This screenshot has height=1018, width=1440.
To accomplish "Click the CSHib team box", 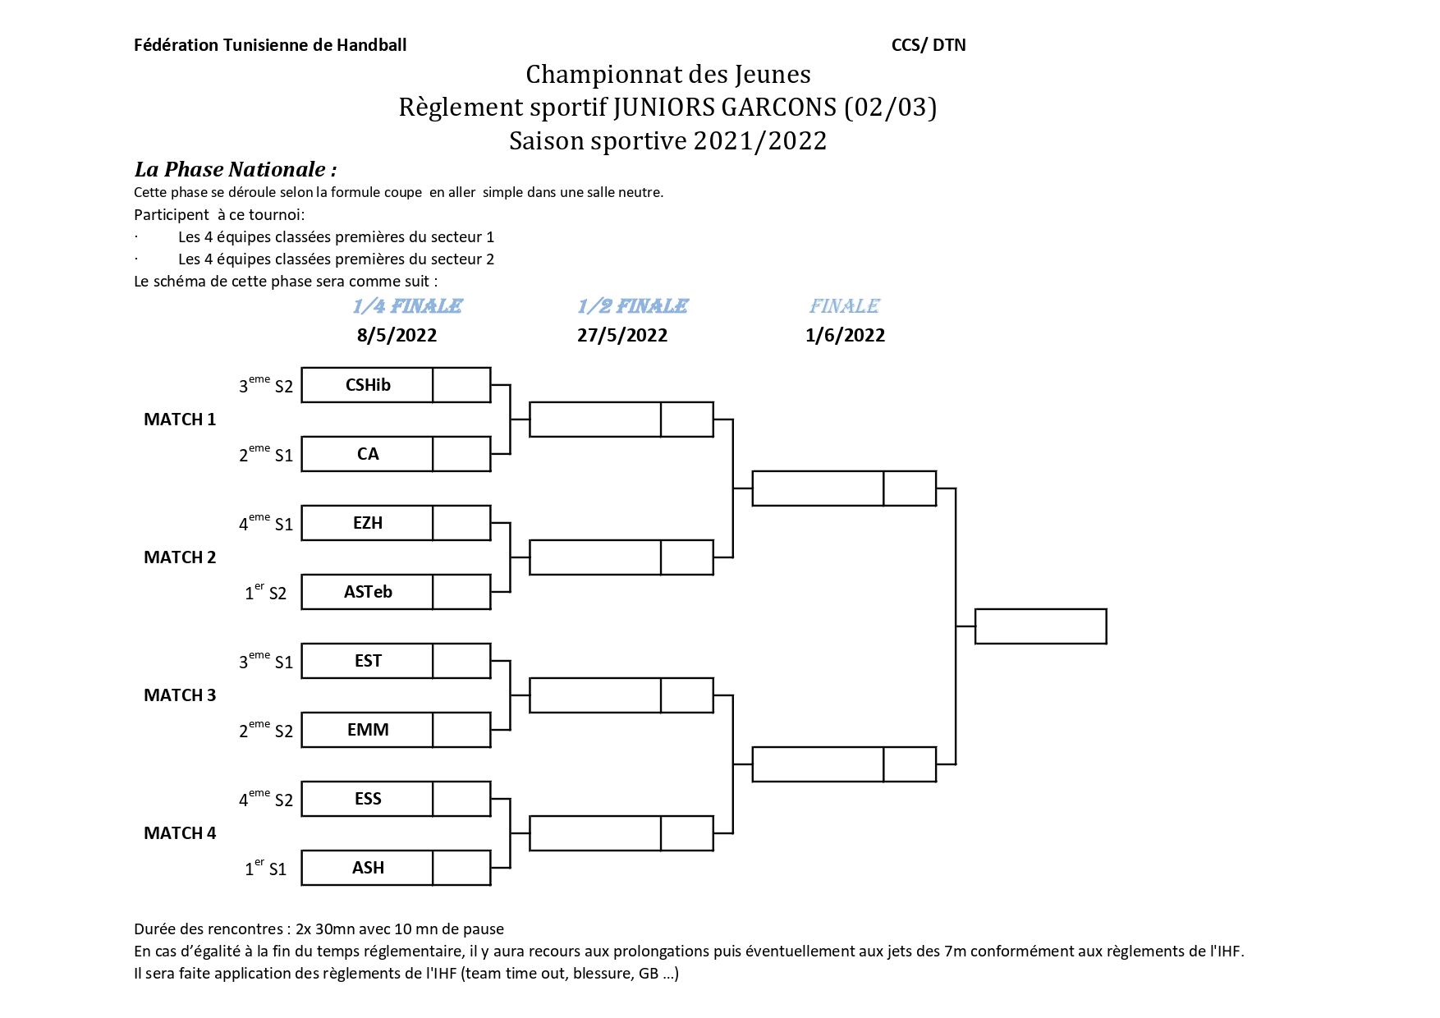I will point(367,385).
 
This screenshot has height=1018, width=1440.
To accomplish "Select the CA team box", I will point(367,454).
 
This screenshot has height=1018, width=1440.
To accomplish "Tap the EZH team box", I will point(367,523).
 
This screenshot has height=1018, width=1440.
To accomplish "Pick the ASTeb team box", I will point(367,592).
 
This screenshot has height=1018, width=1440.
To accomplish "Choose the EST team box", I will point(367,661).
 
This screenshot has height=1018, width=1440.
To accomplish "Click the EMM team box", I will point(367,730).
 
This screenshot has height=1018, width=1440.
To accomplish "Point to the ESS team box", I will point(367,799).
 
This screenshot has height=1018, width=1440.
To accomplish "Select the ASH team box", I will point(367,868).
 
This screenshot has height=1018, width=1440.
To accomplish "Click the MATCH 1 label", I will point(180,420).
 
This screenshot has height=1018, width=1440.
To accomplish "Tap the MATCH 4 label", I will point(180,833).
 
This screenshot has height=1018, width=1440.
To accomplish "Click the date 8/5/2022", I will point(397,335).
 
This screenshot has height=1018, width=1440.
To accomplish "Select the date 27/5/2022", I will point(622,335).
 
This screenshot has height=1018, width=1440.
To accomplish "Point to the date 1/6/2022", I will point(845,335).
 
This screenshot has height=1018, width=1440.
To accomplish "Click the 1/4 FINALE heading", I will point(407,306).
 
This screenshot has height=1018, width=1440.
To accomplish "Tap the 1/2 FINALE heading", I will point(632,306).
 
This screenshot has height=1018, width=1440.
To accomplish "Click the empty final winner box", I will point(1040,626).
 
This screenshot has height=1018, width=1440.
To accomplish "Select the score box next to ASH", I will point(461,868).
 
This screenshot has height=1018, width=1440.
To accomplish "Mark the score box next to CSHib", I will point(461,385).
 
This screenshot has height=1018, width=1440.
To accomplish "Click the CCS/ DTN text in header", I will point(929,45).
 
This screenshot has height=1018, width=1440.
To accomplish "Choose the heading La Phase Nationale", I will point(236,169).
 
